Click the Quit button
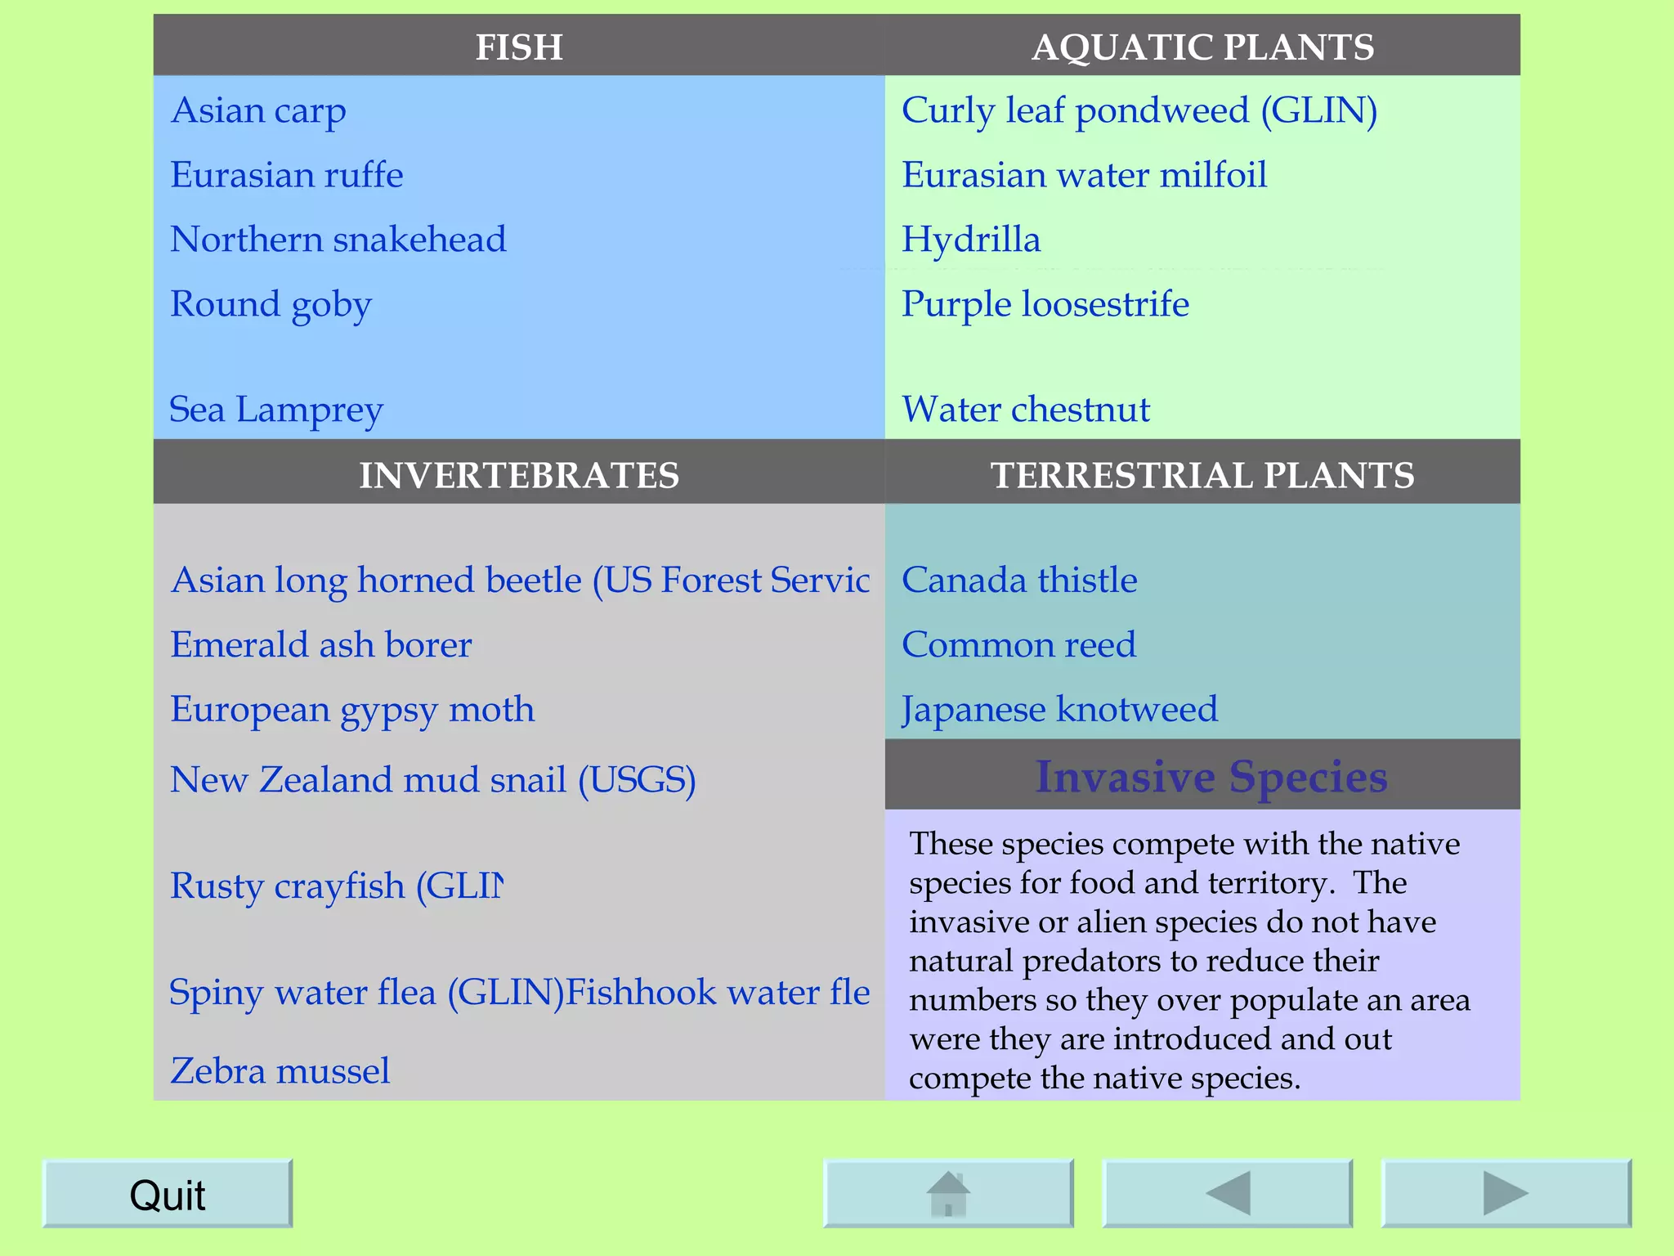[x=167, y=1194]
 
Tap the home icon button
[x=948, y=1194]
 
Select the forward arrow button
[x=1506, y=1194]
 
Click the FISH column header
[x=519, y=47]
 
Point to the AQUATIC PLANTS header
[x=1202, y=47]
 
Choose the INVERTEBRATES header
[x=519, y=475]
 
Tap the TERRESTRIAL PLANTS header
[x=1202, y=475]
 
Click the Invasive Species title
[x=1211, y=776]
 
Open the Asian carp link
[x=258, y=110]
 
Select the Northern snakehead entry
[x=338, y=240]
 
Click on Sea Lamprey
[x=276, y=410]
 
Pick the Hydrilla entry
[x=971, y=240]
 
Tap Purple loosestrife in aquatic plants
[x=1045, y=304]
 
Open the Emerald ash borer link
[x=321, y=645]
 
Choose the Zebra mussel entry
[x=280, y=1071]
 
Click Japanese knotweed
[x=1059, y=709]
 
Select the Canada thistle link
[x=1019, y=581]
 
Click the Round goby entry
[x=271, y=304]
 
